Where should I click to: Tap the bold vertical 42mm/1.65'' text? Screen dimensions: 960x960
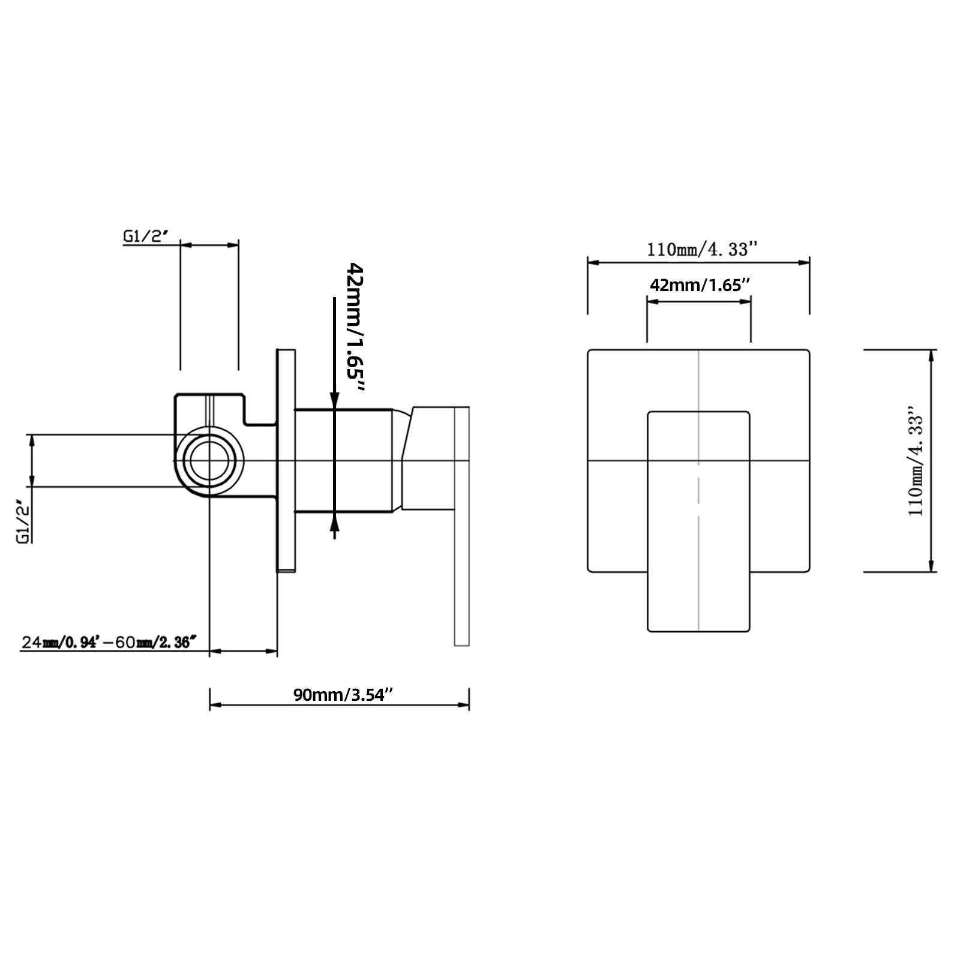(x=356, y=328)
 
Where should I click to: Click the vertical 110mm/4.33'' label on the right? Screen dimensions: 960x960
(x=916, y=461)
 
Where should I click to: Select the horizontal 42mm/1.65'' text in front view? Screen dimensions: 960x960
(x=700, y=285)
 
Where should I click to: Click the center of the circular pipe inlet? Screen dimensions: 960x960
(x=209, y=461)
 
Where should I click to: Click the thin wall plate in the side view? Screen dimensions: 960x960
(x=286, y=460)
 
